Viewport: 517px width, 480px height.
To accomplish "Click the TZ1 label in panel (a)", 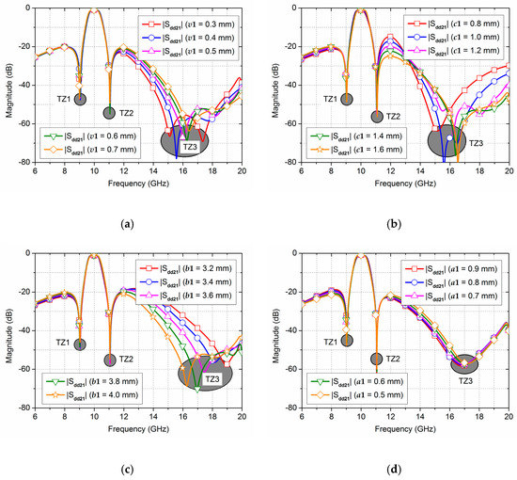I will (x=61, y=97).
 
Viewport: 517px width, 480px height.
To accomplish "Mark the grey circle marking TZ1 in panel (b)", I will (x=346, y=99).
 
